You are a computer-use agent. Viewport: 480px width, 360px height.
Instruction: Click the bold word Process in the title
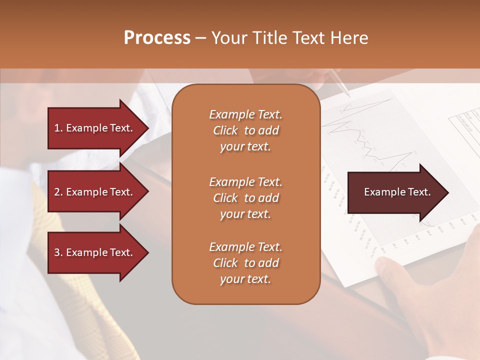[157, 38]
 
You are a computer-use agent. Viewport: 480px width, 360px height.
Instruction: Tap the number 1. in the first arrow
[58, 128]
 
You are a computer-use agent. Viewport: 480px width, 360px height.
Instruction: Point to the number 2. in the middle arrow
[58, 192]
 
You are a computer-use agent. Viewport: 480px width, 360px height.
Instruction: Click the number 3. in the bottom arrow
[58, 252]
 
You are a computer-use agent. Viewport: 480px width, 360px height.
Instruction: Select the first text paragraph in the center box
[245, 130]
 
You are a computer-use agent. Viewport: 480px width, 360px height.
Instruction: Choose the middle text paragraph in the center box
[245, 198]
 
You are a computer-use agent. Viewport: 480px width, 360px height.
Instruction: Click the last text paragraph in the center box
[245, 263]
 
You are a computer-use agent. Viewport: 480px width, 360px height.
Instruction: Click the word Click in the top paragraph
[225, 130]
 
